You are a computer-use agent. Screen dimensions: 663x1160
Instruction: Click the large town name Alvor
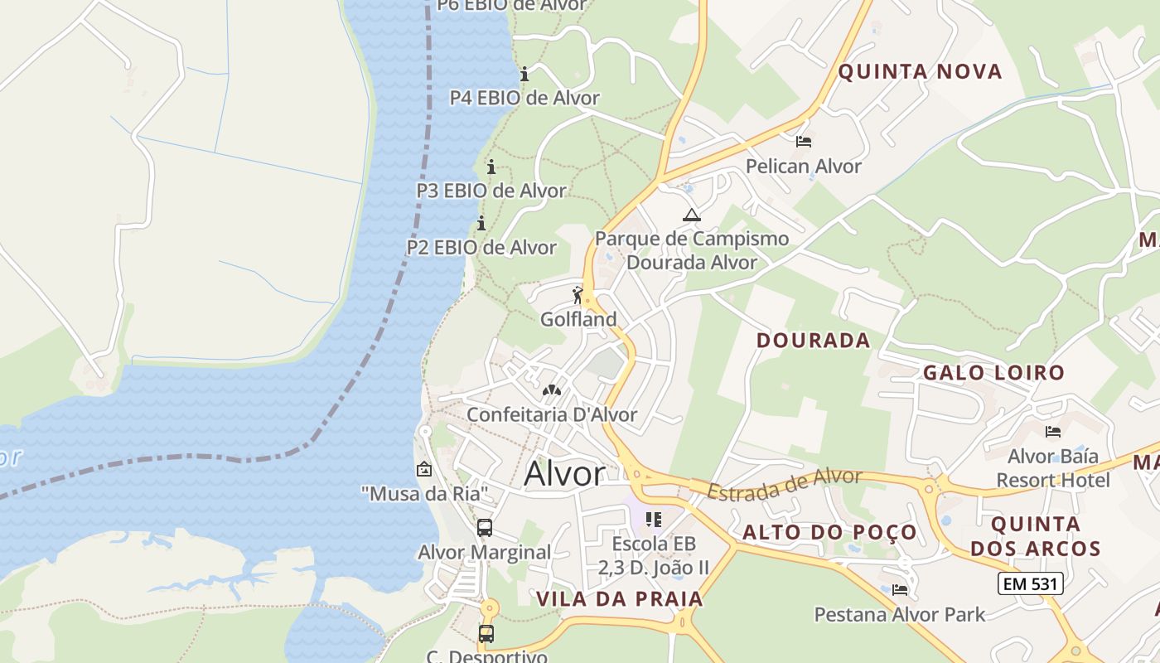[x=565, y=474]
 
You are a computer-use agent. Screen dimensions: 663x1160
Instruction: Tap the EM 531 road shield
[x=1030, y=583]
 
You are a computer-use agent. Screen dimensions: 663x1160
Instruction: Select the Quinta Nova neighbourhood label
[x=920, y=71]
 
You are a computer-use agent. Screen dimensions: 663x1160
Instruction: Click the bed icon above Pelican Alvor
[x=803, y=142]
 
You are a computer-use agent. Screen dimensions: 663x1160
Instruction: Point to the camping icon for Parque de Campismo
[x=691, y=215]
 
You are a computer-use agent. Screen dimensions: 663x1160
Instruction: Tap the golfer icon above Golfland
[x=578, y=295]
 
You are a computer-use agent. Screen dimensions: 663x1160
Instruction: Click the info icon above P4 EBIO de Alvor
[x=524, y=75]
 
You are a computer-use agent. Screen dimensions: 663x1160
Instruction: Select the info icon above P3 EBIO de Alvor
[x=491, y=167]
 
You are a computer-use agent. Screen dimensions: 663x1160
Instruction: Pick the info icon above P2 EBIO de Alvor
[x=481, y=224]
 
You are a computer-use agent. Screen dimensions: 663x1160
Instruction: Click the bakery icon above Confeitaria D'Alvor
[x=551, y=390]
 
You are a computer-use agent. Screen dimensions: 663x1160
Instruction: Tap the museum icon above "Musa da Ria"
[x=424, y=469]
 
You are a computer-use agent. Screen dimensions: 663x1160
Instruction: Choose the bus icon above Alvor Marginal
[x=485, y=527]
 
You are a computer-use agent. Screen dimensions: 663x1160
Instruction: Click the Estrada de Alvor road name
[x=784, y=484]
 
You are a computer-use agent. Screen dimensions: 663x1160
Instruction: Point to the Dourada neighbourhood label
[x=813, y=341]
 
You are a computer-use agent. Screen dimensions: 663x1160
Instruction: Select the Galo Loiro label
[x=993, y=373]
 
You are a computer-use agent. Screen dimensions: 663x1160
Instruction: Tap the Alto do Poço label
[x=829, y=532]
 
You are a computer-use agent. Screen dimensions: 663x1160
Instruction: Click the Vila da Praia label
[x=619, y=599]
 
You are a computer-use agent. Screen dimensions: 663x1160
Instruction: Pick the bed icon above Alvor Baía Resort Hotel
[x=1053, y=432]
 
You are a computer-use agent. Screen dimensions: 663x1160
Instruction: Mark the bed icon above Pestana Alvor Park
[x=900, y=590]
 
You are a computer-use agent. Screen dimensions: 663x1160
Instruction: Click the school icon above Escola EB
[x=654, y=520]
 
